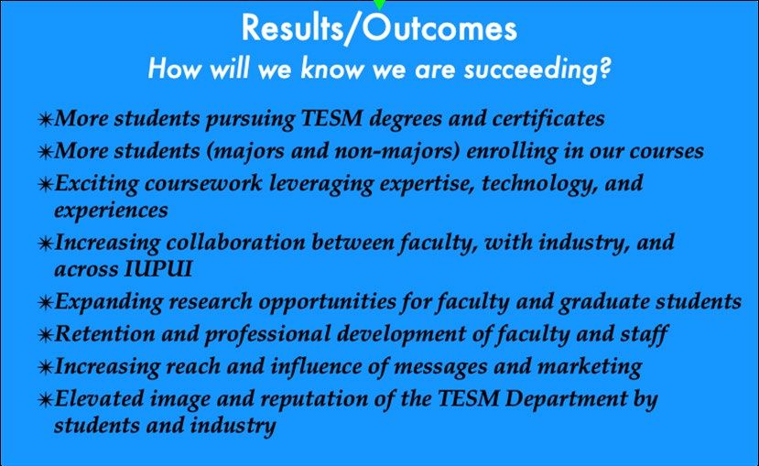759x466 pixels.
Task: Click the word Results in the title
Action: point(292,27)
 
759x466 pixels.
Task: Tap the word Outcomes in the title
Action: point(439,27)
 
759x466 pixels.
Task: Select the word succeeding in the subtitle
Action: point(537,70)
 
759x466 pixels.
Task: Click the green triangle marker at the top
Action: point(380,5)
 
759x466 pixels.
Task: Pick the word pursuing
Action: point(250,120)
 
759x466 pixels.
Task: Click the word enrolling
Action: point(512,151)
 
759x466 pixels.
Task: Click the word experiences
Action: point(111,211)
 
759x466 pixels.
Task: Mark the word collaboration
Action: point(235,242)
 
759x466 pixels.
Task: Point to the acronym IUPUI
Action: point(158,269)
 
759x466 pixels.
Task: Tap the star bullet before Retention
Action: point(45,334)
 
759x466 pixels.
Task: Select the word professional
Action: point(267,334)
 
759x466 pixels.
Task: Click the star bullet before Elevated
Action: point(45,400)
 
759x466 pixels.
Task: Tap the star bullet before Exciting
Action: point(45,184)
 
